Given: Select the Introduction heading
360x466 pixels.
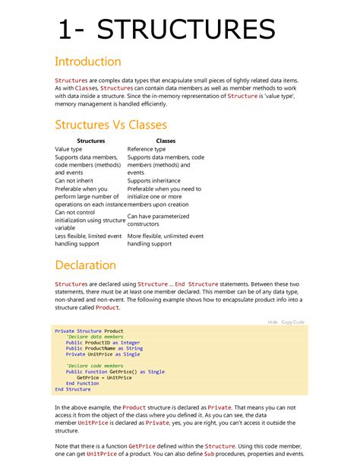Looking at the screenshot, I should tap(87, 62).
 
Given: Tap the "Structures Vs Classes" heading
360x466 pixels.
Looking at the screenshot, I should tap(111, 125).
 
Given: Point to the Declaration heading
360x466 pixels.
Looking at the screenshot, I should tap(85, 265).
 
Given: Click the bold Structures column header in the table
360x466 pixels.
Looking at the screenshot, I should tap(91, 141).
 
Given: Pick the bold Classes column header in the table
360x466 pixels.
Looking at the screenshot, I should tap(165, 141).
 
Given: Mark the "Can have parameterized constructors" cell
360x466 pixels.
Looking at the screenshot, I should tap(158, 220).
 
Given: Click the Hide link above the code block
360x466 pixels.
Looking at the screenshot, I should tap(273, 322).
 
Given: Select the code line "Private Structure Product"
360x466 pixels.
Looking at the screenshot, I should tap(89, 331).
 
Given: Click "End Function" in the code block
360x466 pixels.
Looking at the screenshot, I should tap(82, 384).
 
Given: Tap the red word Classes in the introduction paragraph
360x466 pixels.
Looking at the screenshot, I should tap(86, 87).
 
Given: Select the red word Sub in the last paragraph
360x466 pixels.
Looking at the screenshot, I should tap(209, 454).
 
